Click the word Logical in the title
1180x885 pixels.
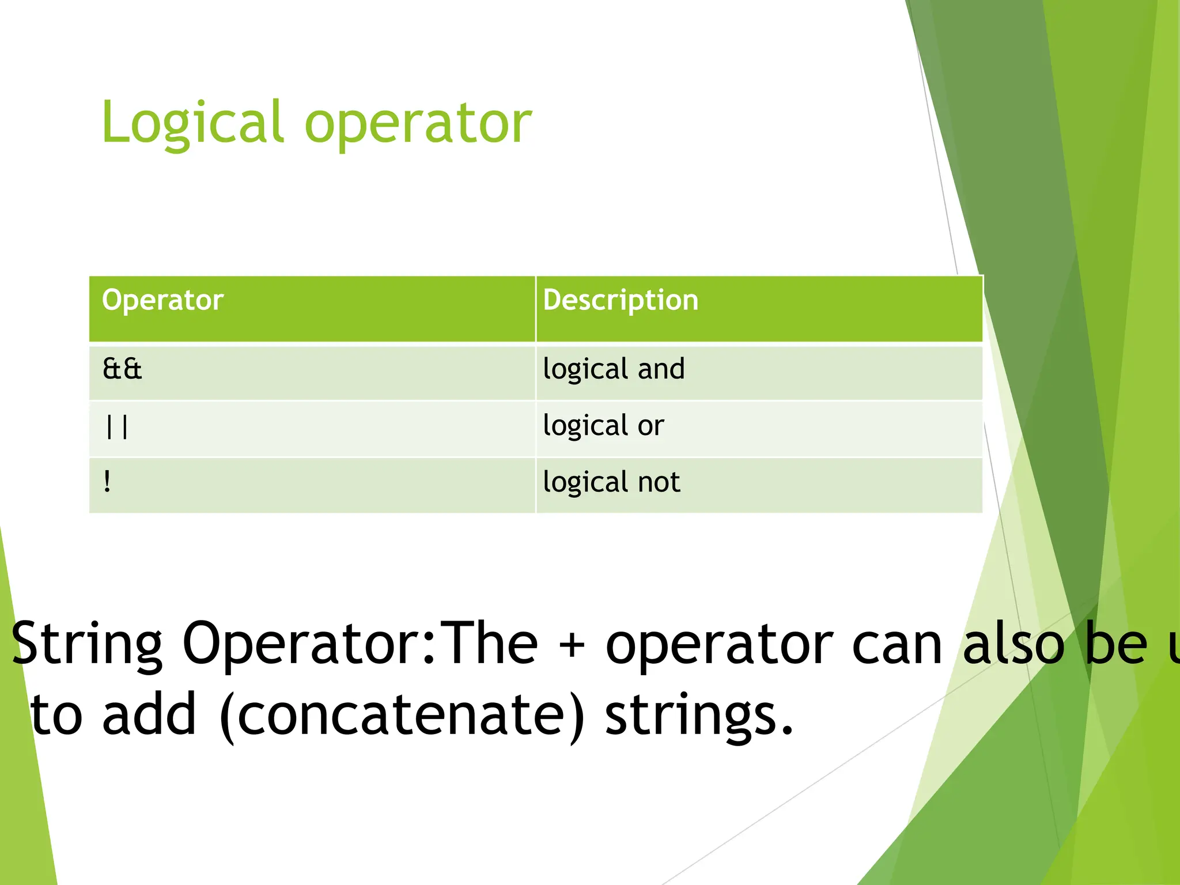tap(192, 123)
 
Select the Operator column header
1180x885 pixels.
tap(162, 300)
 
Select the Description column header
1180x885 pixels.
tap(621, 300)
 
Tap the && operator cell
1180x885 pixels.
tap(122, 369)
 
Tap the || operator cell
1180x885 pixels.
tap(117, 427)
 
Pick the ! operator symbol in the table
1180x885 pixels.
tap(108, 482)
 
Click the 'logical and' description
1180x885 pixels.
tap(614, 369)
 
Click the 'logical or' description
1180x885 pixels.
tap(603, 426)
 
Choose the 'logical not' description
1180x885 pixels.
tap(611, 482)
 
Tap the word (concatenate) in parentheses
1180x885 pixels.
tap(402, 716)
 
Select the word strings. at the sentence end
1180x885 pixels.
tap(699, 716)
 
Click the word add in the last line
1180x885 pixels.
tap(149, 714)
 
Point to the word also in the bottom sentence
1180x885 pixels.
tap(1014, 644)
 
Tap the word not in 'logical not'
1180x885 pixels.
tap(659, 482)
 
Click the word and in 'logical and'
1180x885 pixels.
tap(661, 369)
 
